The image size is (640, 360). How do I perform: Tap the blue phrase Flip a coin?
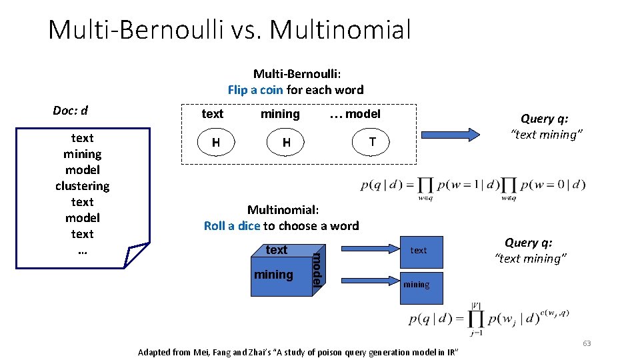tap(255, 90)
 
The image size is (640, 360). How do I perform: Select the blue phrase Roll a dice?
tap(231, 226)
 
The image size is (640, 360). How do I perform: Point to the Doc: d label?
tap(71, 110)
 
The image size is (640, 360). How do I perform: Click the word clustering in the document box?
tap(82, 186)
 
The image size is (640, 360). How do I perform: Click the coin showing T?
tap(373, 142)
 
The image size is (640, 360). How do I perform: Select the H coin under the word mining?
tap(286, 142)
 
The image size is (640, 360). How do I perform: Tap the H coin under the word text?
tap(215, 142)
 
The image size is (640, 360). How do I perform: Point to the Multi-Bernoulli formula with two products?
tap(473, 186)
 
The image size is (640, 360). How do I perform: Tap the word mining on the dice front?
tap(273, 275)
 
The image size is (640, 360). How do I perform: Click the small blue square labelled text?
tap(419, 250)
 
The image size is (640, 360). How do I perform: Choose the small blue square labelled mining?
tap(417, 285)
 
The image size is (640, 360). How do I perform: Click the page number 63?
tap(587, 343)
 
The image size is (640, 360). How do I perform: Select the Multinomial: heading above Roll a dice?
tap(281, 210)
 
